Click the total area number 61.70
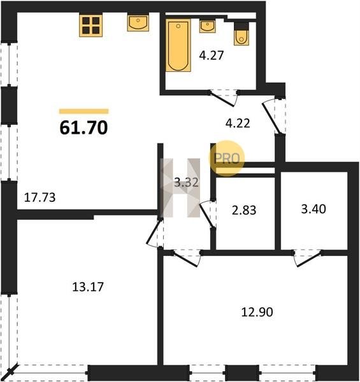click(x=83, y=128)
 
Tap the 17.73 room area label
click(x=40, y=197)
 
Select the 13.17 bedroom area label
click(x=88, y=286)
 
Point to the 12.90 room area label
click(x=257, y=312)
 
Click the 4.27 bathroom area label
click(x=212, y=55)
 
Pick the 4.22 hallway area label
click(x=238, y=124)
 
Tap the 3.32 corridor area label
click(x=187, y=182)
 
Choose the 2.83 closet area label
click(x=244, y=210)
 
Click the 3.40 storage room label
click(x=313, y=209)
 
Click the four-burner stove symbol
click(x=90, y=25)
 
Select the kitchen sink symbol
click(x=138, y=23)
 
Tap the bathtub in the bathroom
click(x=178, y=46)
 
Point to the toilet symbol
click(x=241, y=35)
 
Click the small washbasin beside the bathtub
click(x=208, y=26)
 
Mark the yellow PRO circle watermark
click(x=227, y=159)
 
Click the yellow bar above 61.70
click(x=84, y=111)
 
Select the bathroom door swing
click(x=223, y=98)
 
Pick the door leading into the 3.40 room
click(x=308, y=258)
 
